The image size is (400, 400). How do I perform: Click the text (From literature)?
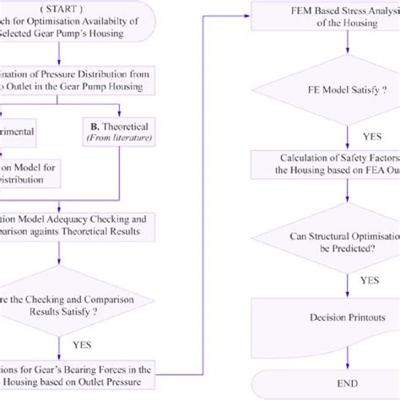pos(125,146)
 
